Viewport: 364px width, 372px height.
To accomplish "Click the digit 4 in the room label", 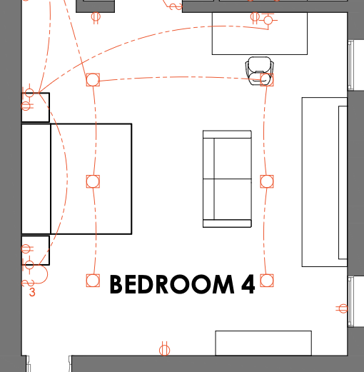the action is (x=248, y=284).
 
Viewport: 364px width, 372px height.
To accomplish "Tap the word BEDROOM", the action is (x=172, y=284).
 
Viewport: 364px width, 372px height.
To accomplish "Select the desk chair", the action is (x=260, y=71).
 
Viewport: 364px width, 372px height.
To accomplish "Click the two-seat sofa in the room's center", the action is (x=227, y=179).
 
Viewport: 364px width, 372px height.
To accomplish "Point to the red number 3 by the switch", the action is (x=32, y=292).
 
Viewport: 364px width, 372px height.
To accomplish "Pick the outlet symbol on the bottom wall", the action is (x=164, y=350).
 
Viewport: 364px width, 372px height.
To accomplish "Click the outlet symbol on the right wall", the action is (x=342, y=308).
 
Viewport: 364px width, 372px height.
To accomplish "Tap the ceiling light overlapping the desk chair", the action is (x=267, y=80).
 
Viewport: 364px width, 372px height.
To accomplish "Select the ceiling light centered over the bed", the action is (x=93, y=181).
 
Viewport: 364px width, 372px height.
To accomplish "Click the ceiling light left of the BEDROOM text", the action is (x=93, y=281).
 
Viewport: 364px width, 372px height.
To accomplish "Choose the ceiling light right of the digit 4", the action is (x=267, y=281).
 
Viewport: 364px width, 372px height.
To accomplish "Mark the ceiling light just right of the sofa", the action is (x=267, y=181).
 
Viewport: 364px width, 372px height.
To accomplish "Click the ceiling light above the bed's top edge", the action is (x=93, y=80).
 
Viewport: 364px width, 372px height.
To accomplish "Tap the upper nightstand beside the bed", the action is (x=36, y=107).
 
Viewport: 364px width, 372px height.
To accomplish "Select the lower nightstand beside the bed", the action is (x=36, y=251).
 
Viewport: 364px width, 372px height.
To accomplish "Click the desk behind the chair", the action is (x=260, y=34).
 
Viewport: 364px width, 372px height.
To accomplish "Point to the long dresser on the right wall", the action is (x=325, y=182).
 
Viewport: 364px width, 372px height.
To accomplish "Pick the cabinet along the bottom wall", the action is (x=263, y=343).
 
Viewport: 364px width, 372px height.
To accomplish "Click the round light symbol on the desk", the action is (x=268, y=20).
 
